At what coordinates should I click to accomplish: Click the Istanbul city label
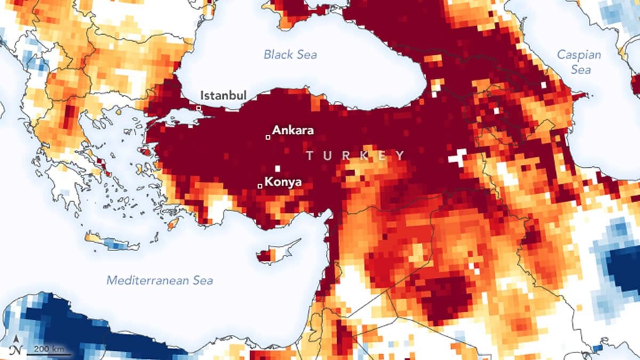pos(223,95)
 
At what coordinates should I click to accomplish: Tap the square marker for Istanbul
pos(199,108)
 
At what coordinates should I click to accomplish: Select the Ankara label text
pos(293,130)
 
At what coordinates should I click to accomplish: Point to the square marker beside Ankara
pos(268,137)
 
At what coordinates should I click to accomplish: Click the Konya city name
pos(283,182)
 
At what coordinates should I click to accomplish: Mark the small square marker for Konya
pos(260,186)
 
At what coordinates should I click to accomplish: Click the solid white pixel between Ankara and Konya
pos(277,169)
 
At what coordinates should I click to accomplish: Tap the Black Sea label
pos(290,54)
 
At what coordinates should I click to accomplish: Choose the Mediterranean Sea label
pos(159,281)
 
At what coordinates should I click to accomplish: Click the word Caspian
pos(579,54)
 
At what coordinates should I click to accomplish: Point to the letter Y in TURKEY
pos(400,156)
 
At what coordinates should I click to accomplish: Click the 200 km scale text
pos(50,348)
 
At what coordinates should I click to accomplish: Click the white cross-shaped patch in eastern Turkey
pos(458,157)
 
